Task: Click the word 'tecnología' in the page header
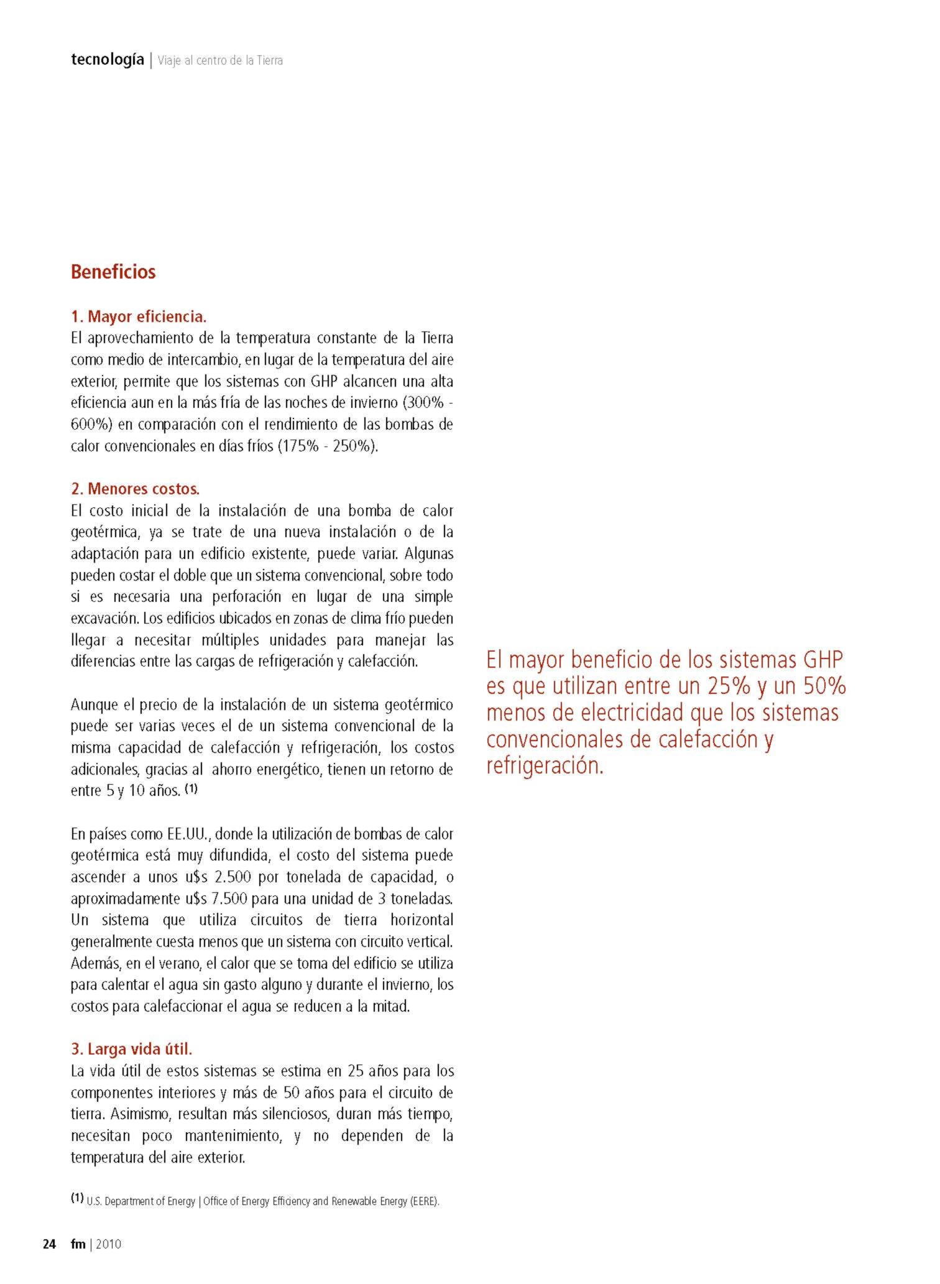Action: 107,60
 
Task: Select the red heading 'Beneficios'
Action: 113,272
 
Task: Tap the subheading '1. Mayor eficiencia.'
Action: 139,316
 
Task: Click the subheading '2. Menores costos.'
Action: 135,489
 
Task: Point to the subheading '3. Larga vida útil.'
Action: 132,1049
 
